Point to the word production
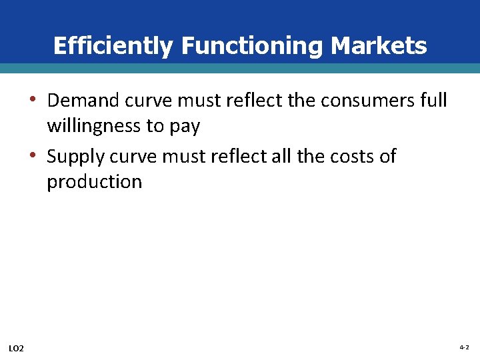(x=94, y=182)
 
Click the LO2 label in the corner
(x=17, y=349)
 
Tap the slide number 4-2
(x=464, y=348)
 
